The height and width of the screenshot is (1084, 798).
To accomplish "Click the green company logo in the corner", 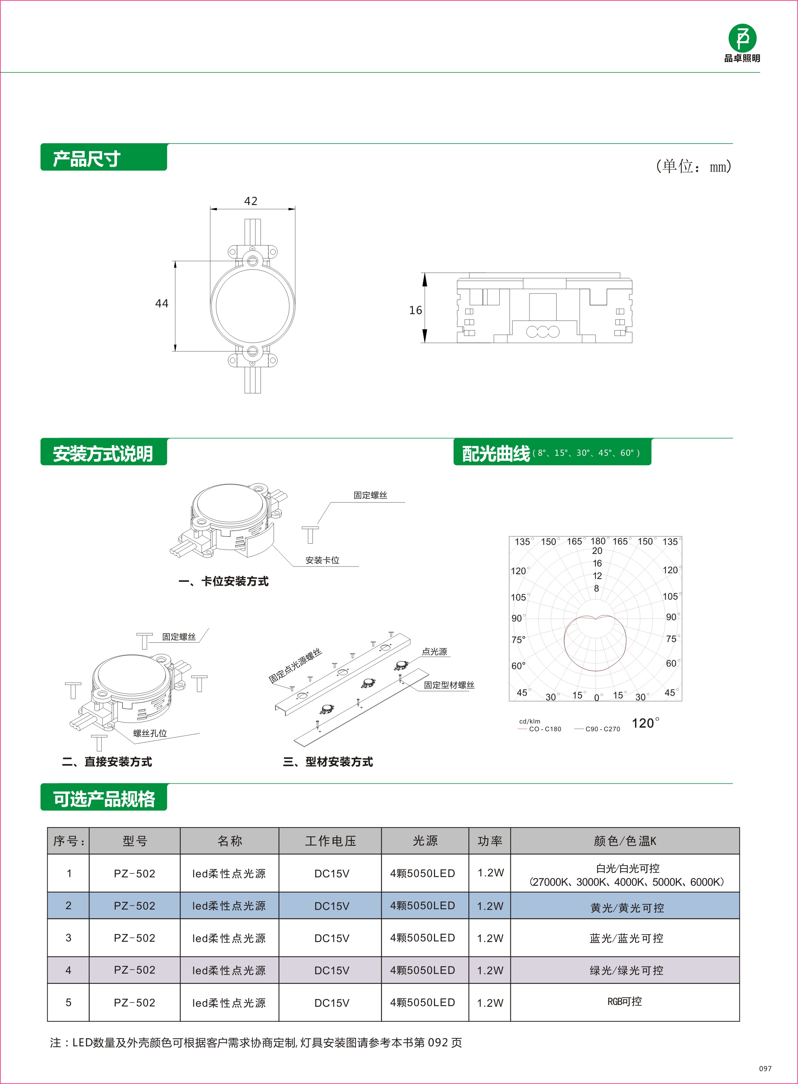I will (x=742, y=39).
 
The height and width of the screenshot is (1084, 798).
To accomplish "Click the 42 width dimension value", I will (x=251, y=201).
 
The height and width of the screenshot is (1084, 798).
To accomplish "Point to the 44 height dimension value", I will (x=162, y=304).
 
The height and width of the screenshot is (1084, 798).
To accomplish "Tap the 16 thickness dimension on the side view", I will (x=415, y=310).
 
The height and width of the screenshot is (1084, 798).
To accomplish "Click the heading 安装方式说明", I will (x=103, y=453).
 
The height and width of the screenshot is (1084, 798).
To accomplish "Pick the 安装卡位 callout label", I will (x=322, y=560).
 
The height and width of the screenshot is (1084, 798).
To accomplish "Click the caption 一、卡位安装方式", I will (x=224, y=581).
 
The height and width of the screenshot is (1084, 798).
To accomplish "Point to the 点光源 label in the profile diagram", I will (x=434, y=652).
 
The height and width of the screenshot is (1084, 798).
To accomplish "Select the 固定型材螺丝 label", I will (x=449, y=685).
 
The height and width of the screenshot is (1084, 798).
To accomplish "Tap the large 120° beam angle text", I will (x=645, y=723).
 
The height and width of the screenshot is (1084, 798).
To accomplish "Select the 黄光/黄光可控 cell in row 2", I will (x=627, y=908).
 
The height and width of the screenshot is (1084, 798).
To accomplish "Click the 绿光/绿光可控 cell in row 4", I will (x=627, y=970).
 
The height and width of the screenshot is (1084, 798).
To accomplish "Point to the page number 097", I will (x=765, y=1069).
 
